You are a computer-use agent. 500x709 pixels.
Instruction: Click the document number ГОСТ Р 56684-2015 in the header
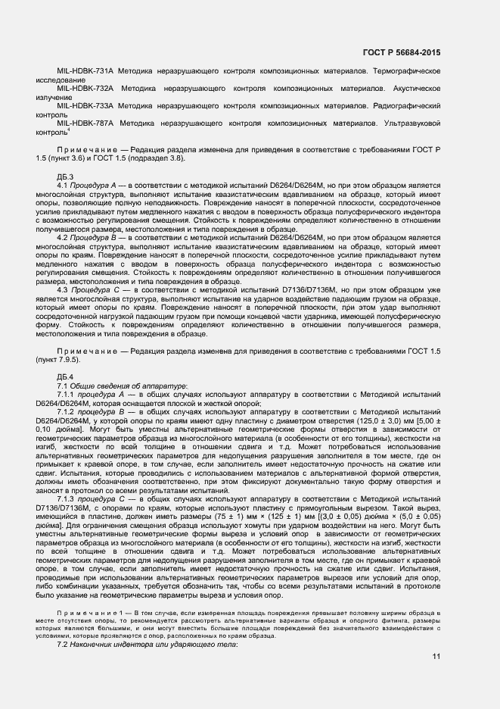tap(401, 52)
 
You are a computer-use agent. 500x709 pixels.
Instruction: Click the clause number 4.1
tap(64, 185)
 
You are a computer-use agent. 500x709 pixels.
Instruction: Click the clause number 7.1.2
tap(67, 412)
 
